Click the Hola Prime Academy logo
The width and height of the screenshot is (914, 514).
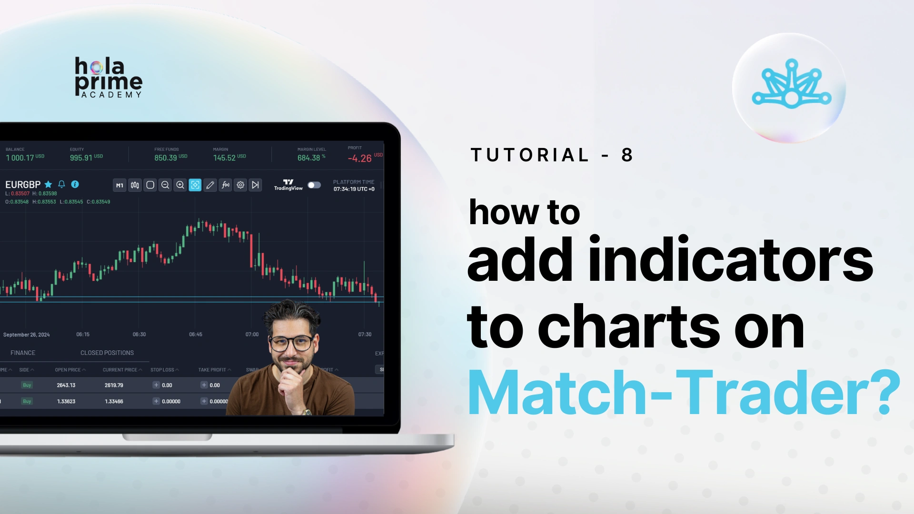[x=109, y=78]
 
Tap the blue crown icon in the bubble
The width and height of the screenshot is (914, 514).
[x=791, y=85]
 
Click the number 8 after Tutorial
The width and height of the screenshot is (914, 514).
[x=627, y=155]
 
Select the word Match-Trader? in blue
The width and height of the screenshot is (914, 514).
[x=684, y=394]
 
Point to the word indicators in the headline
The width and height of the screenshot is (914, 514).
[x=731, y=260]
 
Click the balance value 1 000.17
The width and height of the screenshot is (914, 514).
[x=20, y=158]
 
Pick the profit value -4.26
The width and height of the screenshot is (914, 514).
[x=359, y=158]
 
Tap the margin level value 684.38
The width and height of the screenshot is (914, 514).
[x=308, y=158]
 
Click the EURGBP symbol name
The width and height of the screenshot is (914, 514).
[x=23, y=185]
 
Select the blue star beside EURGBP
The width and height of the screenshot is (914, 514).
[x=48, y=185]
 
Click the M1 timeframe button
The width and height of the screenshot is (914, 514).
[x=119, y=185]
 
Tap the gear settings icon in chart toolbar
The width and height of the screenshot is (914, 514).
[x=240, y=185]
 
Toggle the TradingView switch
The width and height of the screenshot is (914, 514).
[x=314, y=185]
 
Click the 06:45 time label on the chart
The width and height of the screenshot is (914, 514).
[x=196, y=335]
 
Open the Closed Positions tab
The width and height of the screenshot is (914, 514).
[x=107, y=353]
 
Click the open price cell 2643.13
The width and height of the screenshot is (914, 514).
[x=66, y=385]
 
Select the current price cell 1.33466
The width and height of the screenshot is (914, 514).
[x=114, y=401]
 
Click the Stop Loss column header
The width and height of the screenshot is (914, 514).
[x=162, y=370]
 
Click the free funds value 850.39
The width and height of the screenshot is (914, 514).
[x=166, y=158]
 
